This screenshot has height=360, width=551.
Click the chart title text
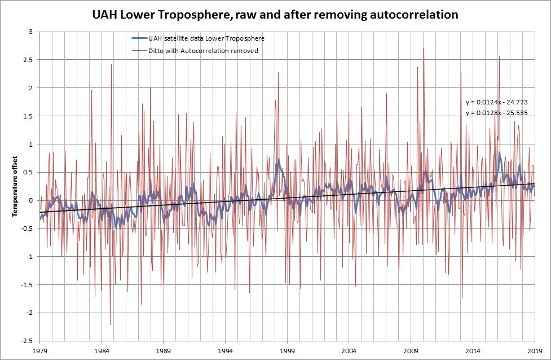click(x=275, y=15)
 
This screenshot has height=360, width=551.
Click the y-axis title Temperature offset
click(x=15, y=186)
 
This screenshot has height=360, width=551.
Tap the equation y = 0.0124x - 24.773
click(x=491, y=103)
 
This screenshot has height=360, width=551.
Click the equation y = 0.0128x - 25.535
click(x=491, y=113)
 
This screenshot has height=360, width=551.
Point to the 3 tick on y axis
click(x=32, y=32)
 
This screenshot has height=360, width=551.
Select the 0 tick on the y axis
click(x=32, y=200)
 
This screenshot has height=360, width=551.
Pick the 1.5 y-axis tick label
click(x=29, y=116)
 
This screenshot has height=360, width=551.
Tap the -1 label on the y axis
click(x=31, y=256)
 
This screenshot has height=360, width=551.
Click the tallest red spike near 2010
click(x=423, y=48)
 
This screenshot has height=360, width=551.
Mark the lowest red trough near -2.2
click(x=110, y=324)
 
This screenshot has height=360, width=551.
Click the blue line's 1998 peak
click(x=278, y=160)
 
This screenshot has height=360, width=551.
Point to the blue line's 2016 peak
click(x=499, y=152)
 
